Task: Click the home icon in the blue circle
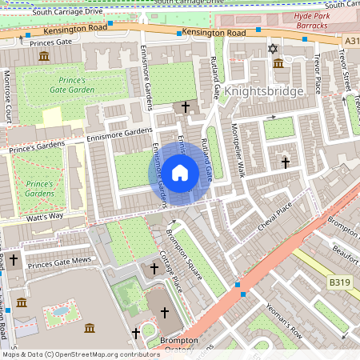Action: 180,172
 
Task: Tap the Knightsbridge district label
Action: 265,91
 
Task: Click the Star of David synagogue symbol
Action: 272,50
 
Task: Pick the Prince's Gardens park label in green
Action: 38,188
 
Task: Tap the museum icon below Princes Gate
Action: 42,56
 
